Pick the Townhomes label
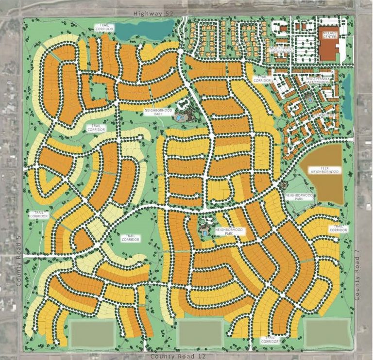pos(323,115)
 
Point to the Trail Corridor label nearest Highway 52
pos(105,28)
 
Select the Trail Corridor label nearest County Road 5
pos(40,214)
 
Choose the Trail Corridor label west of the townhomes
pos(262,78)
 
